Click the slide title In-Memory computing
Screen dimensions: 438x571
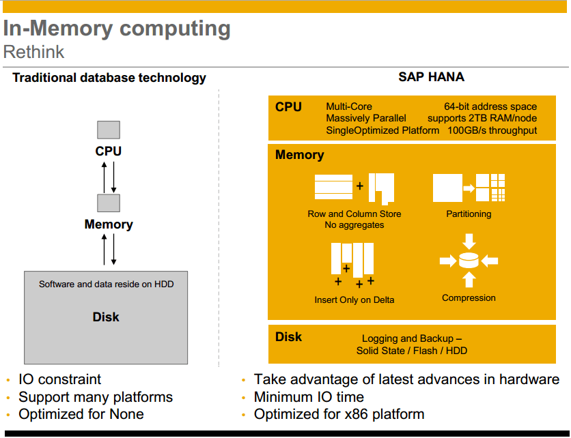(117, 29)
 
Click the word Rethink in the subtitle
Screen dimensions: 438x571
(34, 52)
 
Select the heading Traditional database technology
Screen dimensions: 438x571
(109, 78)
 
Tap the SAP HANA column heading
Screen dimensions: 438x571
(431, 77)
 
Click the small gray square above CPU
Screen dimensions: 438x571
(109, 130)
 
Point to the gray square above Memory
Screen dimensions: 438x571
(109, 203)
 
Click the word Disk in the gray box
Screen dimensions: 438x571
(106, 317)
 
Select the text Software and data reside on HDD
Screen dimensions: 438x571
(106, 284)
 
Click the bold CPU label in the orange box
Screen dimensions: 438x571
(288, 107)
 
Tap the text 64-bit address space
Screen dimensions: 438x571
(490, 106)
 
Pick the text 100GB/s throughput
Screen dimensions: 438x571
(492, 130)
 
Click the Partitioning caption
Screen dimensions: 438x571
(469, 214)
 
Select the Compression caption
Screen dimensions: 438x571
(469, 298)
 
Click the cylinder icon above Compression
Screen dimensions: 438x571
(469, 261)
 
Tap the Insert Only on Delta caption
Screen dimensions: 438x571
(354, 300)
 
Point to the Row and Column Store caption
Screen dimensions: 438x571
(354, 214)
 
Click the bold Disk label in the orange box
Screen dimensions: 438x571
(288, 337)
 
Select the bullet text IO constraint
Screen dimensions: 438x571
(59, 379)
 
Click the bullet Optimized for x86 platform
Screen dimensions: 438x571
(339, 414)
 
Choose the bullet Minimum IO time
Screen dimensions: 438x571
(309, 397)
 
